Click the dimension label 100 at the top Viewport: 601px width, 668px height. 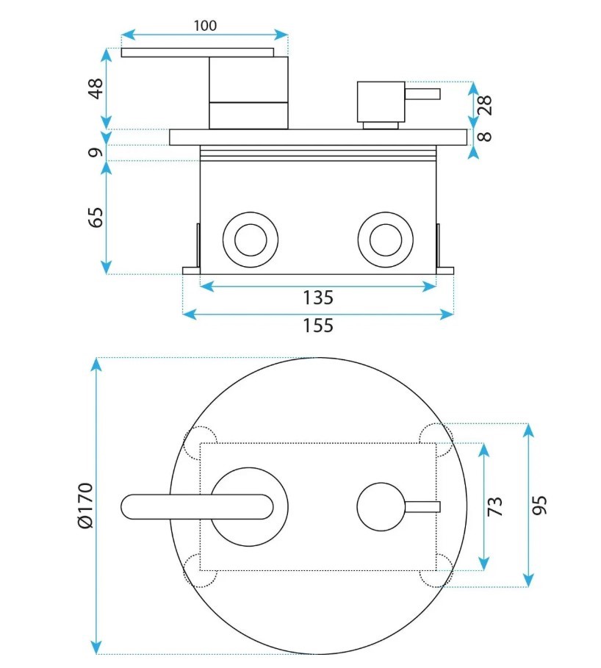click(x=205, y=26)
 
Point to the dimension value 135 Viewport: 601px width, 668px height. click(x=318, y=298)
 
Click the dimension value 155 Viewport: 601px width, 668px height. click(x=318, y=325)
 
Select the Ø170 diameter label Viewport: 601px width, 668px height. click(x=85, y=506)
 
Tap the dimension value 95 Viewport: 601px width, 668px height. click(x=540, y=506)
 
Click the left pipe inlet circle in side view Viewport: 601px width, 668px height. click(x=250, y=239)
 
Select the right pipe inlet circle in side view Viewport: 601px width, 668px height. click(x=385, y=239)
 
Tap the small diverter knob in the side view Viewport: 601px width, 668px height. click(x=381, y=101)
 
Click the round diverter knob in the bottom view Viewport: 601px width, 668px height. click(x=380, y=506)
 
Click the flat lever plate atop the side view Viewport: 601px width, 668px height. click(x=197, y=52)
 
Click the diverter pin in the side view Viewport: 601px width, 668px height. click(x=422, y=93)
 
